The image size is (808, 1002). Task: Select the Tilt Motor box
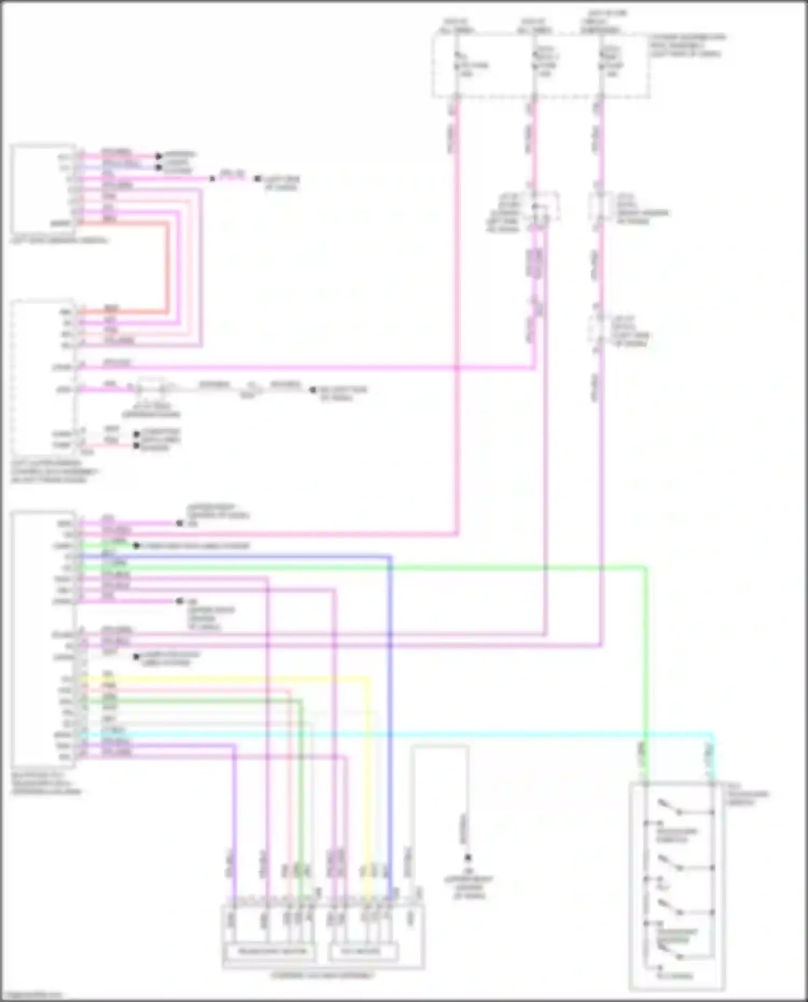[363, 951]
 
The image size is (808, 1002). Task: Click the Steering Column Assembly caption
[322, 975]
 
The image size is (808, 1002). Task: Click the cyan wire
[431, 734]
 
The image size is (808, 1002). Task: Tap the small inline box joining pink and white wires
[152, 388]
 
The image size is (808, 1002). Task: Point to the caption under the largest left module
[46, 783]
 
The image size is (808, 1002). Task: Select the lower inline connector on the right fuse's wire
[598, 328]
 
